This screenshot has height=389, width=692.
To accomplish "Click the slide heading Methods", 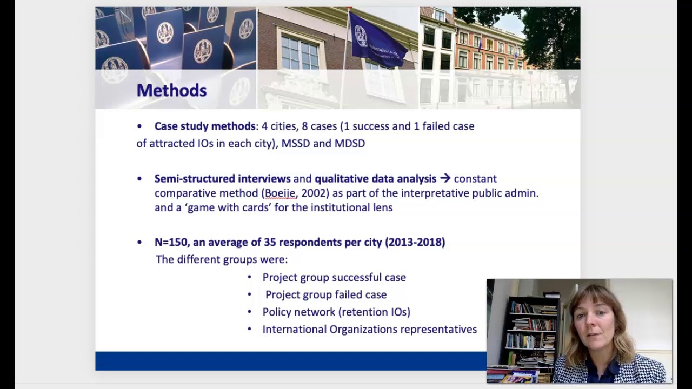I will pos(171,90).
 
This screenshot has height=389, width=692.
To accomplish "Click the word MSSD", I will pos(295,143).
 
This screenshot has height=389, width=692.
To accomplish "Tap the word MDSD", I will pos(350,143).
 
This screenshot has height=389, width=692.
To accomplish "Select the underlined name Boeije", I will pos(280,193).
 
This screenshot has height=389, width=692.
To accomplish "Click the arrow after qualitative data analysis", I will pos(445,178).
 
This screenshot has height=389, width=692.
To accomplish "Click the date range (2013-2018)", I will pos(415,242).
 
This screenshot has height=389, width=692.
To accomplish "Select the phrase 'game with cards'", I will pos(229,207).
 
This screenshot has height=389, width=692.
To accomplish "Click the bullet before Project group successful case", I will pos(249,277).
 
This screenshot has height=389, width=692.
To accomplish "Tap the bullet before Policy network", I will pos(249,312).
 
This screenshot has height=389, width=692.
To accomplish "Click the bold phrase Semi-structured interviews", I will pos(222,178).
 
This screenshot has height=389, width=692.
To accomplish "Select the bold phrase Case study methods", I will pos(204,126).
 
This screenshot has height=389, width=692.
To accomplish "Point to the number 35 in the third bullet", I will pos(270,242).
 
